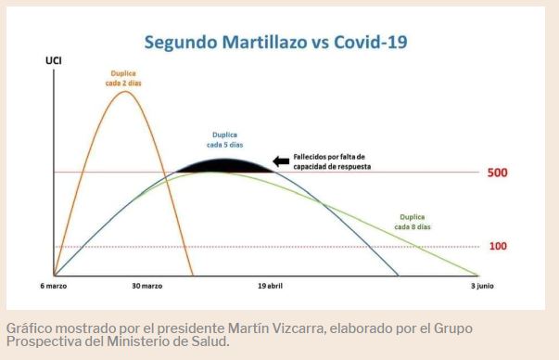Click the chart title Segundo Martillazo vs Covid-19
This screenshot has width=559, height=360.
coord(275,42)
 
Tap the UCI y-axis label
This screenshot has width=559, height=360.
coord(54,61)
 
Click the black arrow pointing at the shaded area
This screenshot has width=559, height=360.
coord(280,161)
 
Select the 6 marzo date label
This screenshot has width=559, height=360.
coord(55,286)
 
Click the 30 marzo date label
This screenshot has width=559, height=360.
coord(147,286)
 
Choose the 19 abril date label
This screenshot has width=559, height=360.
coord(270,286)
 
